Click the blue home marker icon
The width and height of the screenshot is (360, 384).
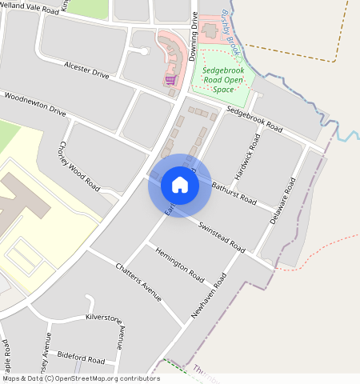tap(180, 185)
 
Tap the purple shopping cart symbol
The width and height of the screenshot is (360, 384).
tap(170, 80)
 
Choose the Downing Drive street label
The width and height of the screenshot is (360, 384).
tap(194, 37)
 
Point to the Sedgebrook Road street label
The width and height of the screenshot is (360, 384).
tap(254, 118)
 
